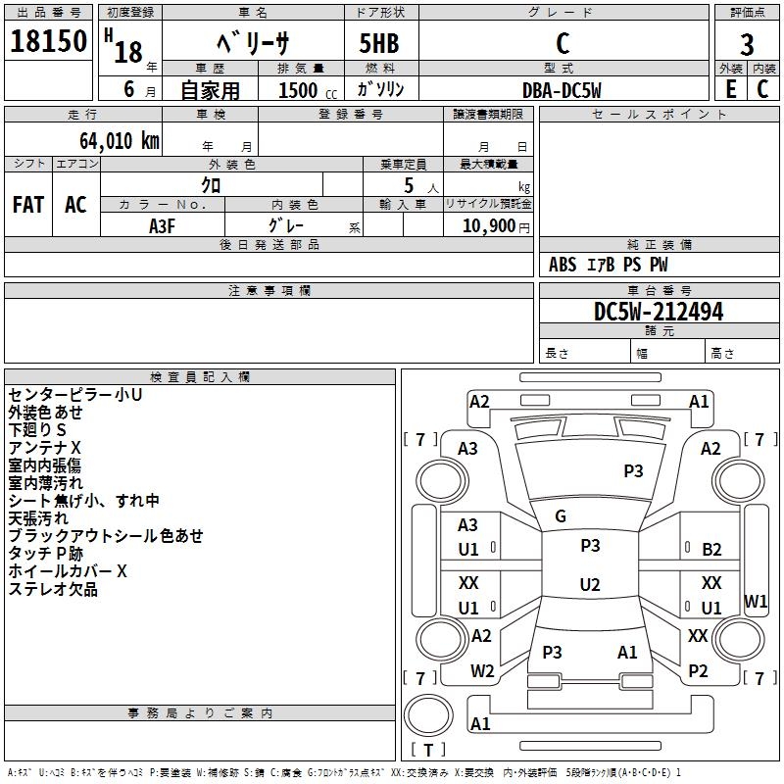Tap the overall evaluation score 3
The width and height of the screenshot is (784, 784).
(x=747, y=44)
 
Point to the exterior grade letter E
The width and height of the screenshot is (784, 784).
(x=730, y=88)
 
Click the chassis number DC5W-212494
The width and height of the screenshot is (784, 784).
(x=659, y=312)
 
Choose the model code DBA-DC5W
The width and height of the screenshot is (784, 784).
(x=562, y=89)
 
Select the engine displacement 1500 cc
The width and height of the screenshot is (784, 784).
(x=299, y=90)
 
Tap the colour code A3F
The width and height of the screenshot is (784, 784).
(x=163, y=224)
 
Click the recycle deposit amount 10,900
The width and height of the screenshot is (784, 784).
(x=486, y=225)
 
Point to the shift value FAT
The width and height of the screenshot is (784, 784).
(x=28, y=205)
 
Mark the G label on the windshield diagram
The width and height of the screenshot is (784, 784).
(x=561, y=516)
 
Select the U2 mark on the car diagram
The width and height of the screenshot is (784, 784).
(x=590, y=585)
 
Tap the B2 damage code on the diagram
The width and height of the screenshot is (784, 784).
(x=711, y=550)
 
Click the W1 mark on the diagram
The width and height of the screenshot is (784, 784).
(x=756, y=601)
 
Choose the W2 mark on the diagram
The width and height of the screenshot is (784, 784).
(x=482, y=671)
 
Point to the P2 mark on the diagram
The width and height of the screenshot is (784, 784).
(x=698, y=671)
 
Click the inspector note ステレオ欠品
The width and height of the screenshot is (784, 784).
(x=53, y=590)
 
